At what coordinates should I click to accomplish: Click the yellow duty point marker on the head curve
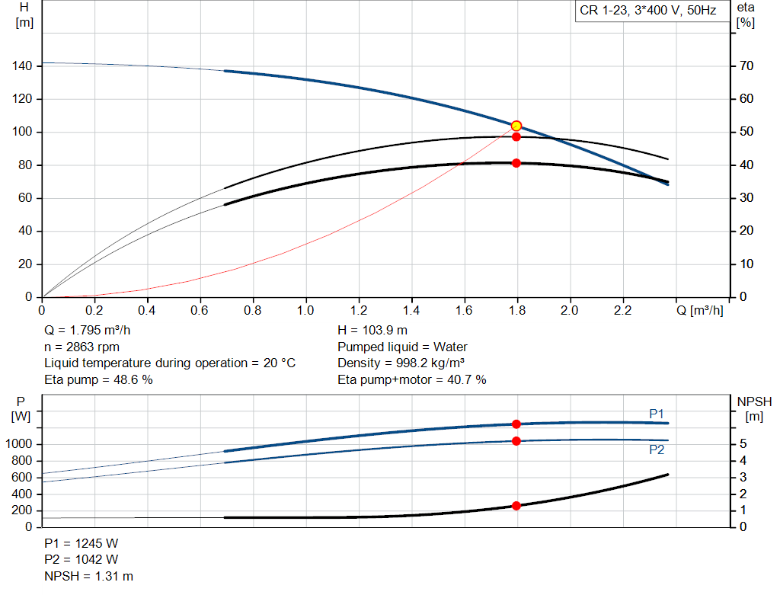pos(516,126)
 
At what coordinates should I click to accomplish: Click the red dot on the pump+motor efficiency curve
pos(516,163)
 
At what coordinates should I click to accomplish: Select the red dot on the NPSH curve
pos(516,506)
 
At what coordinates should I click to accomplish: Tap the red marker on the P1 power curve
pos(516,424)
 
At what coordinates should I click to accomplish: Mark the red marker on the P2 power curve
pos(516,441)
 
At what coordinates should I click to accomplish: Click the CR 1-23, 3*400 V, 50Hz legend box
pos(648,11)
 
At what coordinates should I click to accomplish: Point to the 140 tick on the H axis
pos(23,66)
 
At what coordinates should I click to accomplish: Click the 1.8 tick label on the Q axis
pos(517,311)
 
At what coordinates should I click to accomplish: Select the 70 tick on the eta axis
pos(746,66)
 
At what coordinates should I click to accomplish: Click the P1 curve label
pos(657,414)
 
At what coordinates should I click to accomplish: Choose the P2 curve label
pos(657,449)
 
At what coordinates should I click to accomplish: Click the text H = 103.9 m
pos(372,330)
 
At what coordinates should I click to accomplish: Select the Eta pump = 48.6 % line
pos(98,379)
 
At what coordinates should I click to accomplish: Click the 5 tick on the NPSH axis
pos(742,444)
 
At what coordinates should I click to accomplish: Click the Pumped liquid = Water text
pos(402,347)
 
